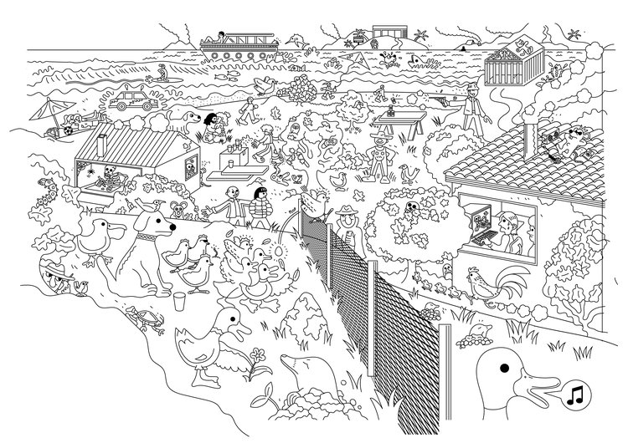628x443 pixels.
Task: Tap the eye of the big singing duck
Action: click(504, 368)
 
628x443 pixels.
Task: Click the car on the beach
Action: click(131, 102)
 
